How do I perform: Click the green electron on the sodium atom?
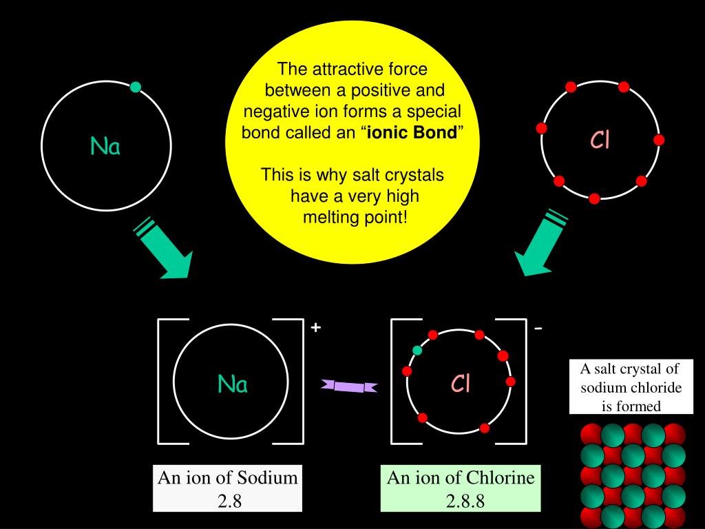136,87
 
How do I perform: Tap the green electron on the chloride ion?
417,350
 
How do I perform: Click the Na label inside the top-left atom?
105,146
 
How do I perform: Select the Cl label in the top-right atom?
600,141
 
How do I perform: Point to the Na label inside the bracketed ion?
233,384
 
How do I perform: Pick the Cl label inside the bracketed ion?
461,384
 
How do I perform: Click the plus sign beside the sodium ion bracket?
315,327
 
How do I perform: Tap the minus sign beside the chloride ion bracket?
538,328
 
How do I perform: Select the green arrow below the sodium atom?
165,249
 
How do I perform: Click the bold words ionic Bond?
412,133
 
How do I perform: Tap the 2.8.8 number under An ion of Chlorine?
465,501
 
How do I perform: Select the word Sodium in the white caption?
268,477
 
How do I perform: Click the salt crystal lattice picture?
633,476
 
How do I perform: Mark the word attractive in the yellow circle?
341,70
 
